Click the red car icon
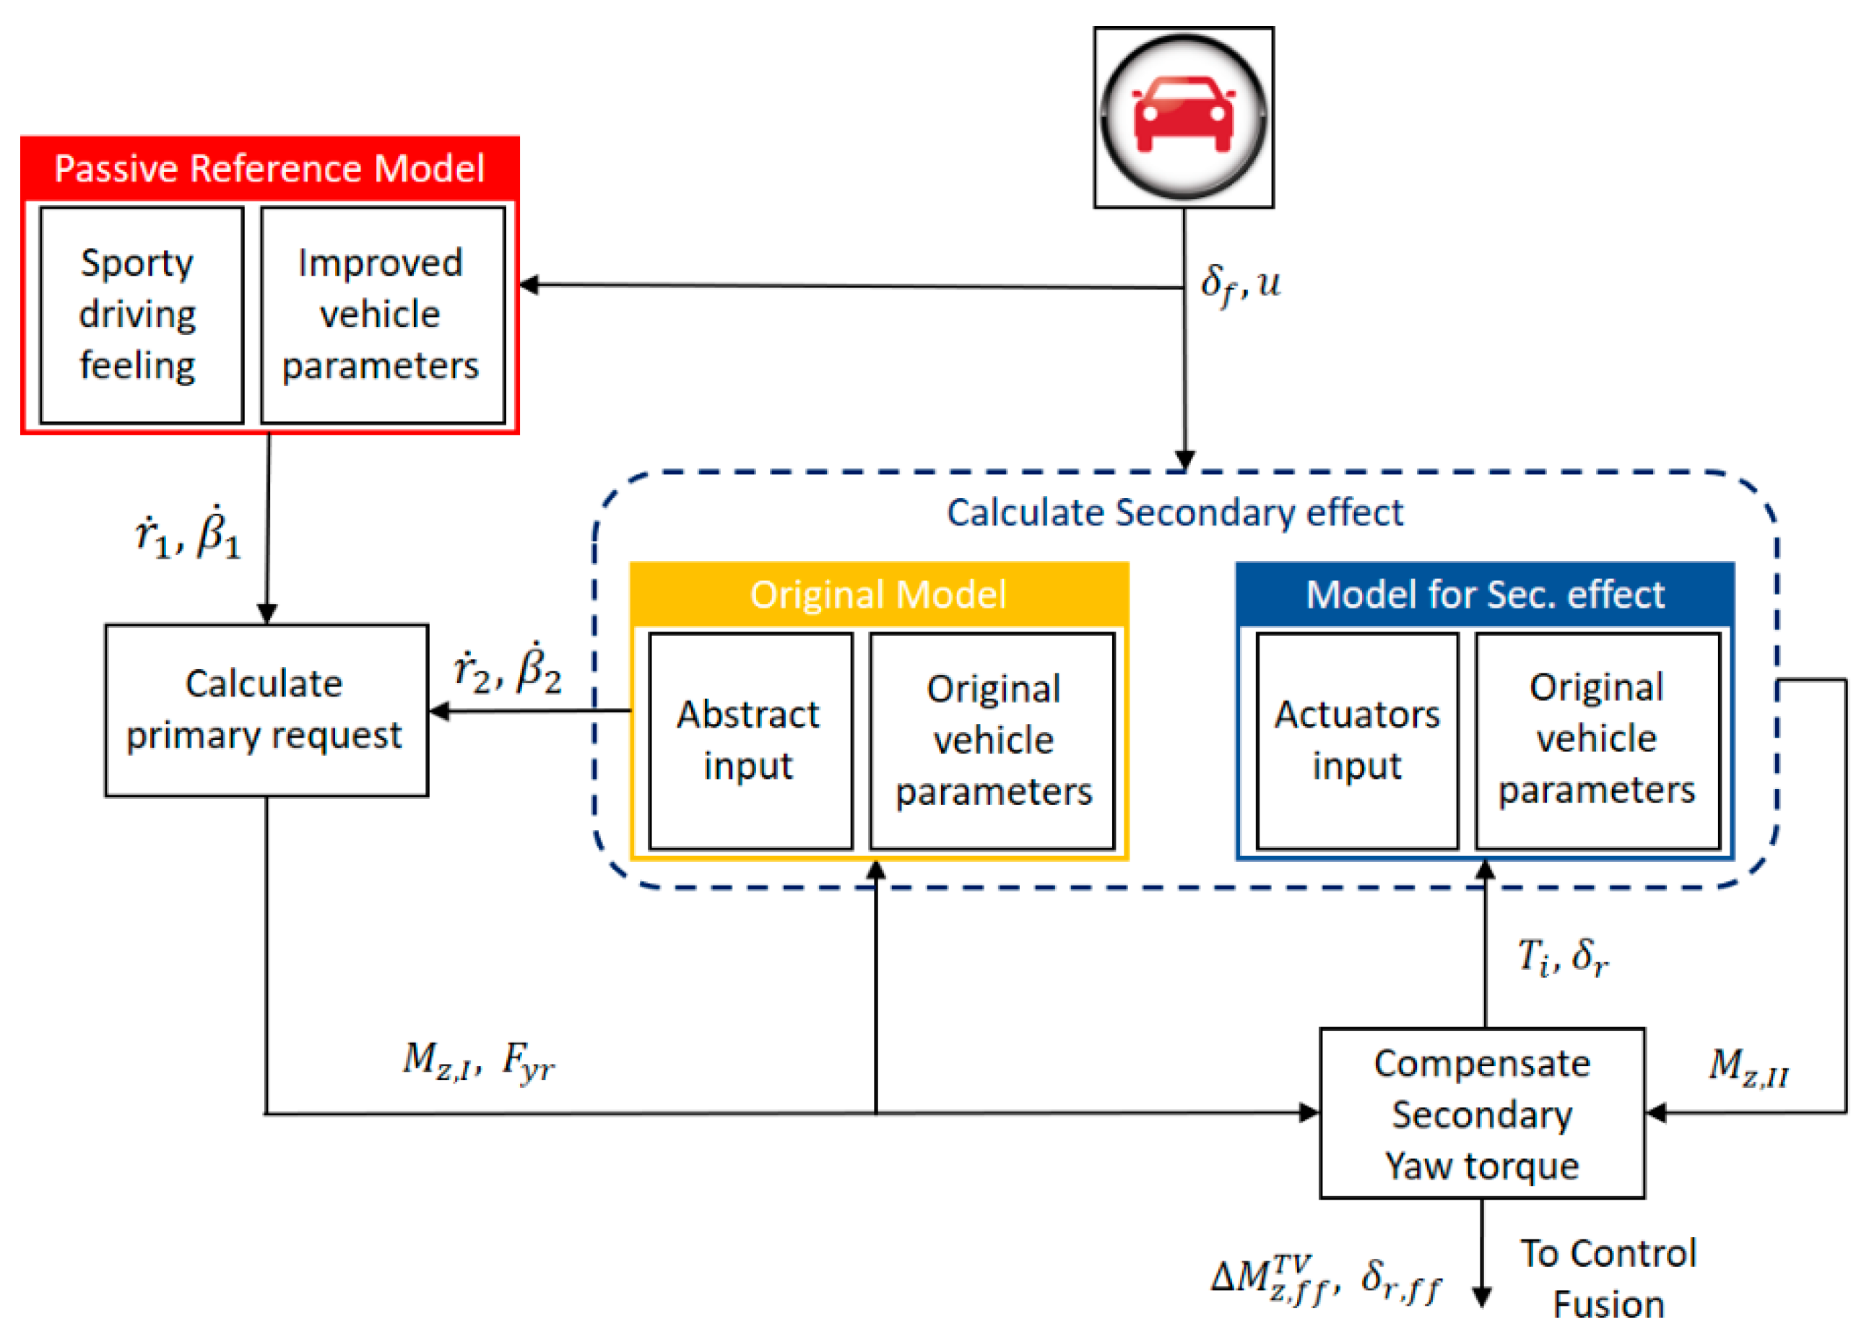pos(1184,117)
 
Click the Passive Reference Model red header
pos(269,168)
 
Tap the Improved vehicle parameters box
pos(382,315)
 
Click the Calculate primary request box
pos(266,710)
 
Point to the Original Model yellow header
pos(879,594)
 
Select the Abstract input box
pos(750,740)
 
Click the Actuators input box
pos(1357,740)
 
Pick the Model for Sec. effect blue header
pos(1484,594)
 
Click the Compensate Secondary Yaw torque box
pos(1482,1113)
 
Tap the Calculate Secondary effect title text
pos(1175,513)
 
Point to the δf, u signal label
pos(1239,284)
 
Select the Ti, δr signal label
pos(1562,956)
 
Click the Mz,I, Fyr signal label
pos(478,1060)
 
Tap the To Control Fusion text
pos(1608,1278)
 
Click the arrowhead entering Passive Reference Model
pos(529,285)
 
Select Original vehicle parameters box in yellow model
pos(993,740)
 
